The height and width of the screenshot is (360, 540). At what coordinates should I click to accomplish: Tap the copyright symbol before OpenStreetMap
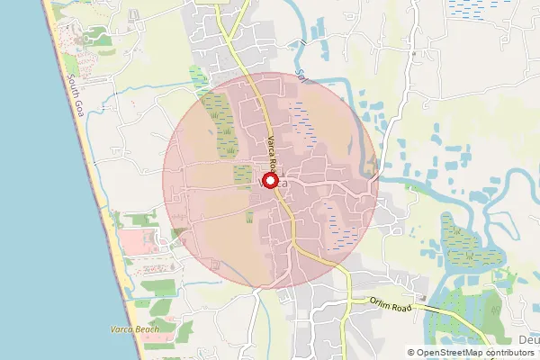(x=411, y=352)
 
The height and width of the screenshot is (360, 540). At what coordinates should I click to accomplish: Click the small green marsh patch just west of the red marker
(x=242, y=175)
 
